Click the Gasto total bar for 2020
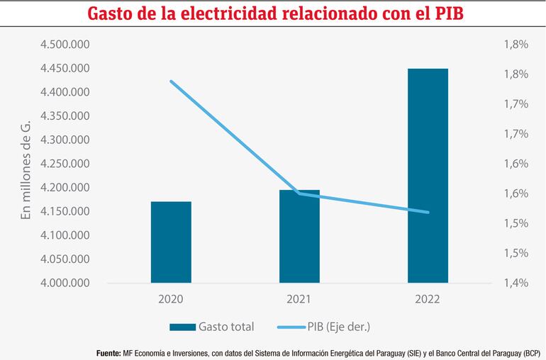click(171, 242)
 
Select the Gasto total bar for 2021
click(299, 237)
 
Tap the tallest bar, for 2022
click(428, 176)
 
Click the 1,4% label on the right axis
click(516, 283)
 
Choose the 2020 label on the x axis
click(171, 300)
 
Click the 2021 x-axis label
click(299, 300)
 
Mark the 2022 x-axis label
click(428, 300)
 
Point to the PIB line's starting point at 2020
click(171, 81)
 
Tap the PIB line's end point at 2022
click(428, 212)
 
